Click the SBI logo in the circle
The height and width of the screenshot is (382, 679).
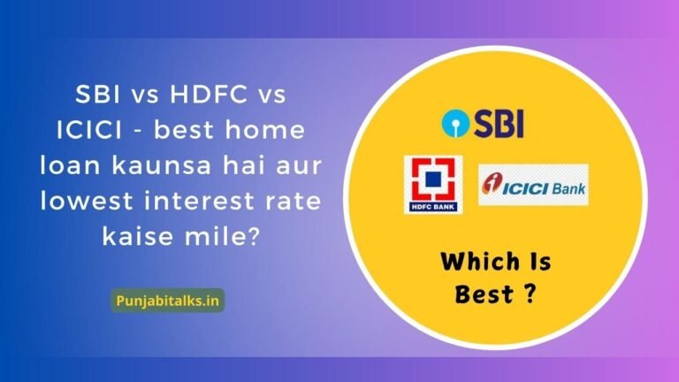484,124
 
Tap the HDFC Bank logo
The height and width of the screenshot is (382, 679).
432,184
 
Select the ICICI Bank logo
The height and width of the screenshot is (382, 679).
533,185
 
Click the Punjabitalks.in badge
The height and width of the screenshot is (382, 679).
169,300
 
